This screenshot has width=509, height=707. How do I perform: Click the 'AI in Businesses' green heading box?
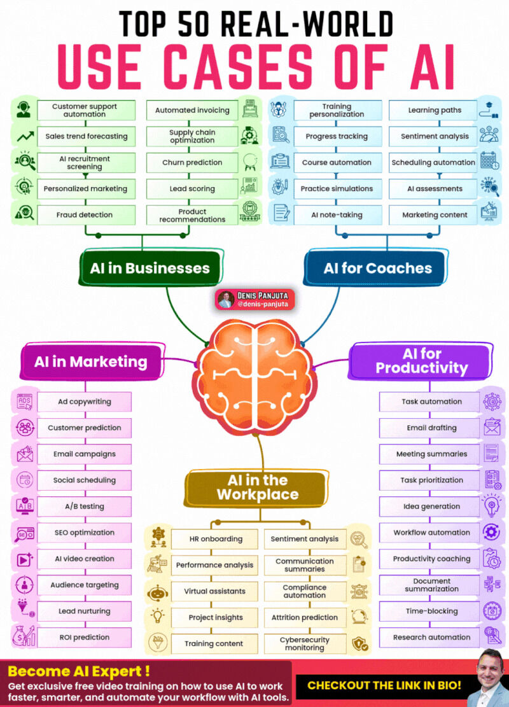[x=150, y=268]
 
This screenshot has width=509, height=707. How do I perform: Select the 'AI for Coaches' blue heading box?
[x=377, y=268]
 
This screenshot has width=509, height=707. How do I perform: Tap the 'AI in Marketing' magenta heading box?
[x=91, y=361]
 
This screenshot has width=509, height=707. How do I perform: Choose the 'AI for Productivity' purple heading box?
[x=421, y=361]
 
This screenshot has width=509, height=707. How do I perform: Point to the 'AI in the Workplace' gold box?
[x=257, y=487]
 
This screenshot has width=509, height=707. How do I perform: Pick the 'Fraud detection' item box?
[x=86, y=215]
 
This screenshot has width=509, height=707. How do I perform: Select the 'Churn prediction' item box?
[x=192, y=163]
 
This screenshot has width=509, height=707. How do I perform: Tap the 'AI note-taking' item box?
[x=338, y=215]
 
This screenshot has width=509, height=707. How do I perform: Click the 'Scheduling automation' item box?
[x=433, y=163]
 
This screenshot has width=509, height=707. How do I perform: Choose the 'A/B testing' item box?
[x=85, y=507]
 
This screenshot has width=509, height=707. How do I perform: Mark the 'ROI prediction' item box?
[x=85, y=638]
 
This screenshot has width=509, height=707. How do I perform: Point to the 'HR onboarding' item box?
[x=214, y=539]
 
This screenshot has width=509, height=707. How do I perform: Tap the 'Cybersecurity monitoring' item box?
[x=305, y=643]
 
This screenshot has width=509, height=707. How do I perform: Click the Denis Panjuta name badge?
[x=255, y=299]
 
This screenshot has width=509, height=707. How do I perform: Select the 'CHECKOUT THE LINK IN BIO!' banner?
[x=384, y=685]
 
